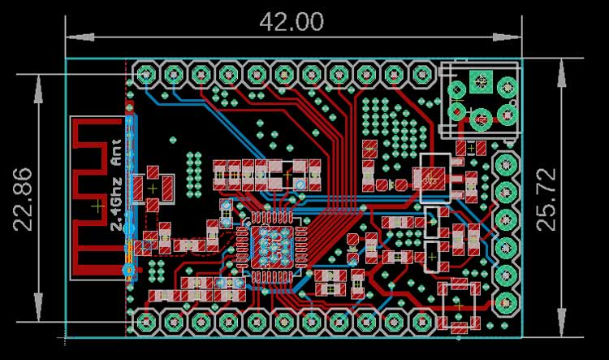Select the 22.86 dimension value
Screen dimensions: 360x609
coord(24,199)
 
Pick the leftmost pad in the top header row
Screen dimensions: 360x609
coord(146,76)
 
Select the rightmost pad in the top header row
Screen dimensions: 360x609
coord(421,76)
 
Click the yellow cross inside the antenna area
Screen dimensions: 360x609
coord(97,207)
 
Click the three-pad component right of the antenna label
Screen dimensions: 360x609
coord(154,188)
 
